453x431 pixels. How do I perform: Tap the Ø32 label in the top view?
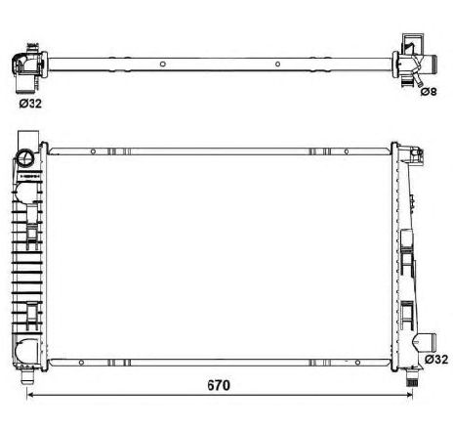pyautogui.click(x=31, y=100)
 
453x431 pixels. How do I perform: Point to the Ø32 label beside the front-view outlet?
pyautogui.click(x=434, y=360)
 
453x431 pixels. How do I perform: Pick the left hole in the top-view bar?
pyautogui.click(x=152, y=66)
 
